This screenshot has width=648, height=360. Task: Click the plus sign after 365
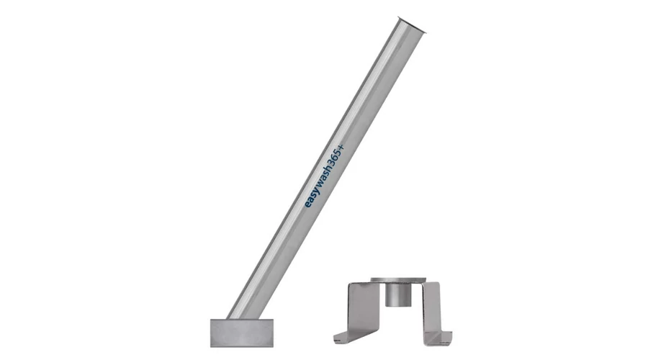[x=340, y=148]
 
